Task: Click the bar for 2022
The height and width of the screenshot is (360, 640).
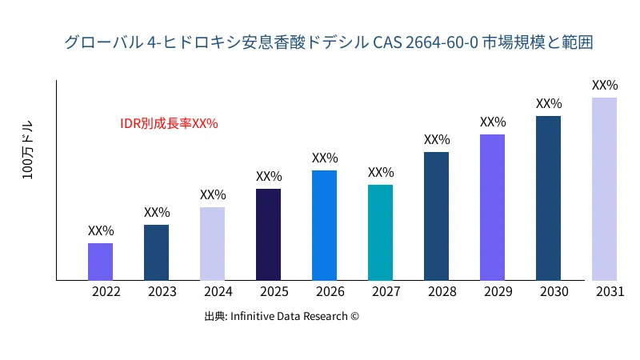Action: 100,262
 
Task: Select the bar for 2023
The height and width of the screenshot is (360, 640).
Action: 156,253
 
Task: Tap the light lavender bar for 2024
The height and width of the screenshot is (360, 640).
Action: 212,244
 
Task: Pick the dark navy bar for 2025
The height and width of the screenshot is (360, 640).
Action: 268,234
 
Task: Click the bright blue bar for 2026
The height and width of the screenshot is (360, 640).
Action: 324,226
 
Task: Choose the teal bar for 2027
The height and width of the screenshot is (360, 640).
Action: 380,233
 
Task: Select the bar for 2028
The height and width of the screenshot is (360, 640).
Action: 436,216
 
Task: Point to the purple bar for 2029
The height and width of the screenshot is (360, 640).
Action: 492,207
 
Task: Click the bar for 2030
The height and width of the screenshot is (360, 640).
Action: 548,198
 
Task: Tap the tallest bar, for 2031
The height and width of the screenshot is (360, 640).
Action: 604,189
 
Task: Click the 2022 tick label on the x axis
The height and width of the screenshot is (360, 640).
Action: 106,292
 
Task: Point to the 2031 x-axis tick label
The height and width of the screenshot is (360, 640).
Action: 610,292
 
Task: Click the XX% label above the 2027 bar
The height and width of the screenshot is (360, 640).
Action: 381,172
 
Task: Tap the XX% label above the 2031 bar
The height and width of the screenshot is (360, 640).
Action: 605,85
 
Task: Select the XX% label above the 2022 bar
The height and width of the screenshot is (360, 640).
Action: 101,230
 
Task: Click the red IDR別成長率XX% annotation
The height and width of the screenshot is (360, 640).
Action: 169,124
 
